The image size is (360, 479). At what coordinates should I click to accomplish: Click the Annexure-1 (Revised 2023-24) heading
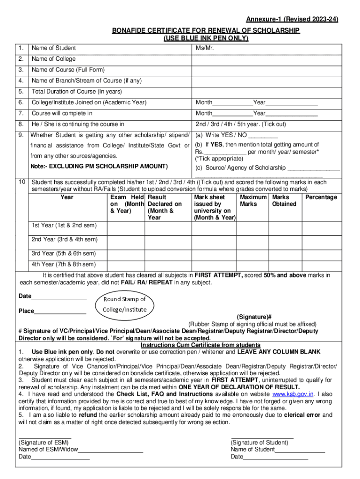[292, 19]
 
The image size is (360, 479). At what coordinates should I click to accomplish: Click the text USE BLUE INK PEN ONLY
[206, 38]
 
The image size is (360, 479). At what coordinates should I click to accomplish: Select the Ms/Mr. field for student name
[205, 48]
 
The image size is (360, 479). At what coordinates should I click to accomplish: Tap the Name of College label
[53, 59]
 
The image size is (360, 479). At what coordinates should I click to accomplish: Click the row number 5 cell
[21, 92]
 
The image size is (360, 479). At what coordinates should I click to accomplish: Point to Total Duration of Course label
[77, 92]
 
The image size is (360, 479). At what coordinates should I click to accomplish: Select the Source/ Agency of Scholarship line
[240, 168]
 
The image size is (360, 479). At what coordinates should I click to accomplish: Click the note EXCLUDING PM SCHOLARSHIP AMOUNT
[99, 167]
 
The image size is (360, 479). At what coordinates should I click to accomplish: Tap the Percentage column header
[321, 197]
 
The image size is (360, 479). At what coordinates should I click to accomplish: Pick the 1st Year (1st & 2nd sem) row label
[64, 225]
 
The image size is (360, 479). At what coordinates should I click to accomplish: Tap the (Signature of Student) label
[259, 443]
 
